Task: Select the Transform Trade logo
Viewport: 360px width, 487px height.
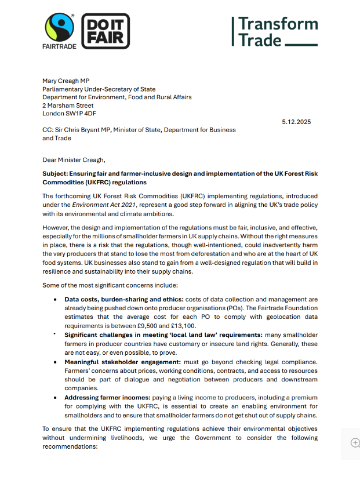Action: [x=275, y=32]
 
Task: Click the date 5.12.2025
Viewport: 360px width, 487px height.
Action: [x=296, y=122]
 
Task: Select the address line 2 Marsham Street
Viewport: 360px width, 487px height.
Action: [x=68, y=106]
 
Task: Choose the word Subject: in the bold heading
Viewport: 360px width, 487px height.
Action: [x=58, y=174]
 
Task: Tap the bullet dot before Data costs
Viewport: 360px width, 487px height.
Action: [x=55, y=299]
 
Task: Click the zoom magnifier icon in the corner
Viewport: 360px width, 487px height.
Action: [x=355, y=442]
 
